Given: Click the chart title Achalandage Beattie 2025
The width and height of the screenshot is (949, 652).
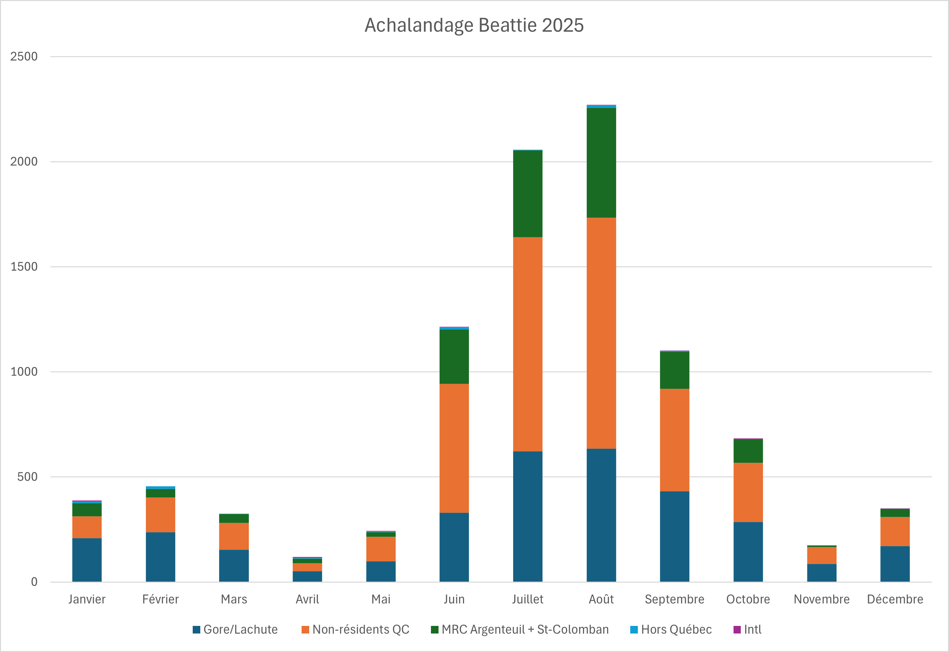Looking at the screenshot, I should pos(474,25).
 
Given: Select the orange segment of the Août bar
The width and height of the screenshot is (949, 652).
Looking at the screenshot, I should pos(601,333).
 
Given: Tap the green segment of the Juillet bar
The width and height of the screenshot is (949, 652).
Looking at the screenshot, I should pos(528,194).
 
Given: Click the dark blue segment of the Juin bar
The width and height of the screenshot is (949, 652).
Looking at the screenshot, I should pos(454,547).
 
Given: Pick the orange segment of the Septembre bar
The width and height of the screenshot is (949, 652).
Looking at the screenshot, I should pos(674,440).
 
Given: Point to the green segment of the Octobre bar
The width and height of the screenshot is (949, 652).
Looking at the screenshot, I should pos(748,451).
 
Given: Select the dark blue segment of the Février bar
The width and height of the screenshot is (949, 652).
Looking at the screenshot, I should pos(160,557).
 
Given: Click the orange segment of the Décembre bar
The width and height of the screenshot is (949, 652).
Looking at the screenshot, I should pos(895,531).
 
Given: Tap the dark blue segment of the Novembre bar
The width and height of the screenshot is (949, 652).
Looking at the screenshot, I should pos(822,573).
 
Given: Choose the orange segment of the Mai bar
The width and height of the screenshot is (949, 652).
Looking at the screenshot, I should pos(380,549).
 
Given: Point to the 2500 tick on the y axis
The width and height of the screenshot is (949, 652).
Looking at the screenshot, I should pos(24,56).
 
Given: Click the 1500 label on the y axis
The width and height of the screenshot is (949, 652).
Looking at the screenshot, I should pos(24,267).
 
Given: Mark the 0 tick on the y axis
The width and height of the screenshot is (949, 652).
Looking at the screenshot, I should pos(34,582).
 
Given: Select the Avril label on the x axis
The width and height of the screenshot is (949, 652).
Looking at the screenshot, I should pos(307,599).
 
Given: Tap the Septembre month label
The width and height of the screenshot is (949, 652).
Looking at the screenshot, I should pos(674,599).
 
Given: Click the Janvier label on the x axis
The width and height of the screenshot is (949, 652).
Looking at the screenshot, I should pos(87,599).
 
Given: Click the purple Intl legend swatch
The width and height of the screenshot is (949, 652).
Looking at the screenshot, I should pos(737,630).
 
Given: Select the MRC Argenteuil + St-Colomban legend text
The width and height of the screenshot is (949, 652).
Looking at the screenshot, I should pos(525,630).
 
